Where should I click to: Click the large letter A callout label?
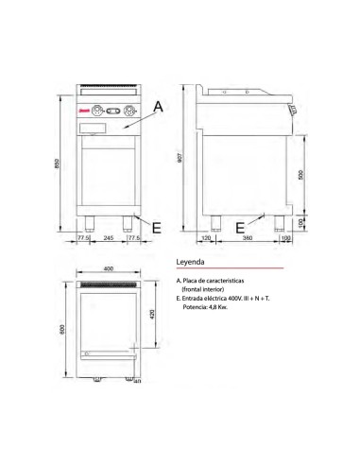pyautogui.click(x=158, y=109)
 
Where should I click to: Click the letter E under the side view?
pyautogui.click(x=240, y=228)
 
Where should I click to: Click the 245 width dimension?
pyautogui.click(x=110, y=238)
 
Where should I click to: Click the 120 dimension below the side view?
pyautogui.click(x=206, y=238)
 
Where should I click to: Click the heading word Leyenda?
pyautogui.click(x=192, y=261)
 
